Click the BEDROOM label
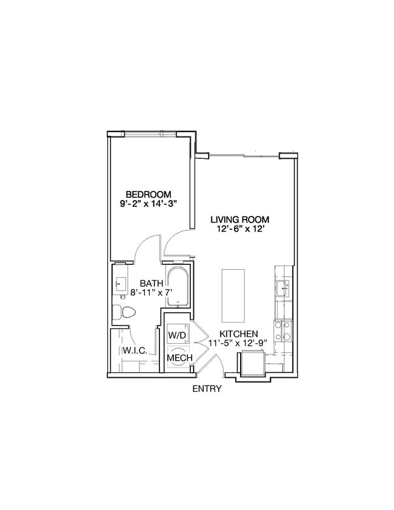click(149, 194)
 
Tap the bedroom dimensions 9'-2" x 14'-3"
click(149, 204)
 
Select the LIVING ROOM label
click(240, 220)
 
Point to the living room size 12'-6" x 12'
click(240, 230)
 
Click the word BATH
click(150, 283)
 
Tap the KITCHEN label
click(239, 334)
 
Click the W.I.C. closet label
click(133, 351)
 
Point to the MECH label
click(180, 358)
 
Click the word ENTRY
click(207, 389)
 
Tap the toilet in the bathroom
click(124, 312)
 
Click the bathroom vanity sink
click(119, 283)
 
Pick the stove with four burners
click(283, 331)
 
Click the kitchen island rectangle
click(232, 295)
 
